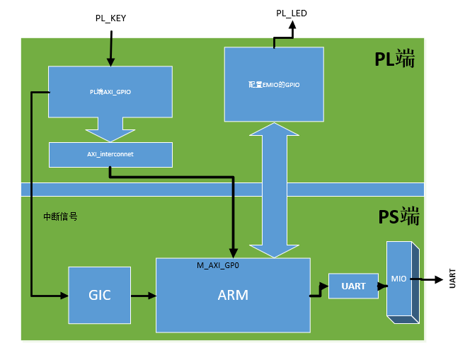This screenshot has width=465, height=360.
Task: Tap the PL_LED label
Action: [x=291, y=13]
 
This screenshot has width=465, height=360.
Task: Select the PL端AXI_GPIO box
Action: [x=110, y=92]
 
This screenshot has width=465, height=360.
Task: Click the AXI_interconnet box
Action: [x=110, y=153]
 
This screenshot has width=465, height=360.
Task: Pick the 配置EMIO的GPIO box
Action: [x=274, y=84]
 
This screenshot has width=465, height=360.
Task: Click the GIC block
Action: [x=99, y=295]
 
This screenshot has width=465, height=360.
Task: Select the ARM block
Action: [x=233, y=295]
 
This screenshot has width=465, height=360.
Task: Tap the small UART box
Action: [x=353, y=286]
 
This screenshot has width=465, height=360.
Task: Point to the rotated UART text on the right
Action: [x=452, y=278]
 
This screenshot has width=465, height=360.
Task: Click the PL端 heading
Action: [x=395, y=60]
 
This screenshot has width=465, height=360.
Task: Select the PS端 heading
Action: [x=398, y=216]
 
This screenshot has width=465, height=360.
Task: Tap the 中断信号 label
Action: [x=60, y=217]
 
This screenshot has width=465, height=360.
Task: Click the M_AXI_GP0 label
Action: [x=217, y=265]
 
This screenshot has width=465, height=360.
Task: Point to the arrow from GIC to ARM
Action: [x=143, y=295]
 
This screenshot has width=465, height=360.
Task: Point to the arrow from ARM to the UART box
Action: [x=319, y=291]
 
